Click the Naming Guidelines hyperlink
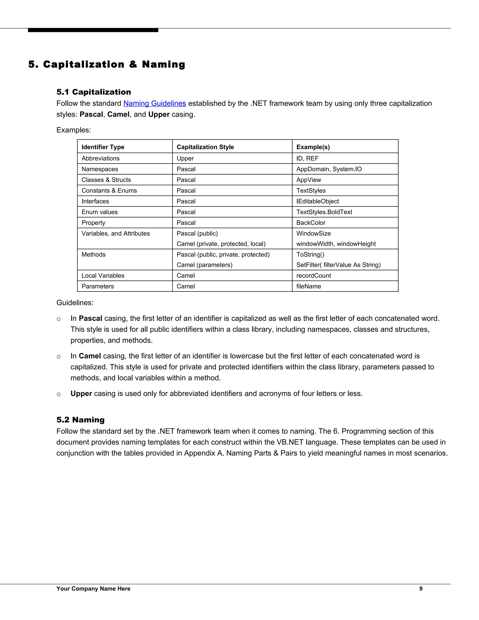point(155,103)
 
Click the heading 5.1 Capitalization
point(94,92)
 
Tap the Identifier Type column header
point(103,147)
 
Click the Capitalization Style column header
point(205,147)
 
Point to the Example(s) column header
point(313,147)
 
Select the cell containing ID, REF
point(307,158)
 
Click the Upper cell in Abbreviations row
point(185,158)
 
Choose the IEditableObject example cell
point(318,201)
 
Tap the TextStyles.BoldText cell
point(324,212)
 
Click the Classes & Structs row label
point(106,180)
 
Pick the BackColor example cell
point(311,223)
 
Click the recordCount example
point(314,276)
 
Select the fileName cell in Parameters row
point(308,286)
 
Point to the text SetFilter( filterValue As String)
point(338,265)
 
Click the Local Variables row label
point(103,276)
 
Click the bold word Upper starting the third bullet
point(81,394)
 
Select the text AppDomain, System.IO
point(329,169)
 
